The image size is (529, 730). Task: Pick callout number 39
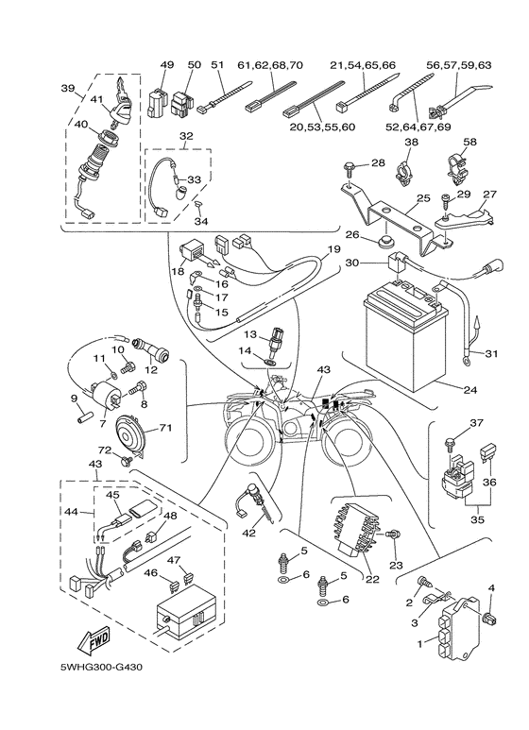pos(68,89)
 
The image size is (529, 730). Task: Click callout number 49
pos(167,65)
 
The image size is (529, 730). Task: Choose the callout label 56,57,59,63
pos(459,65)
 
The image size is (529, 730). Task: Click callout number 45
pos(111,494)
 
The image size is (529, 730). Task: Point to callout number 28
pos(378,163)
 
